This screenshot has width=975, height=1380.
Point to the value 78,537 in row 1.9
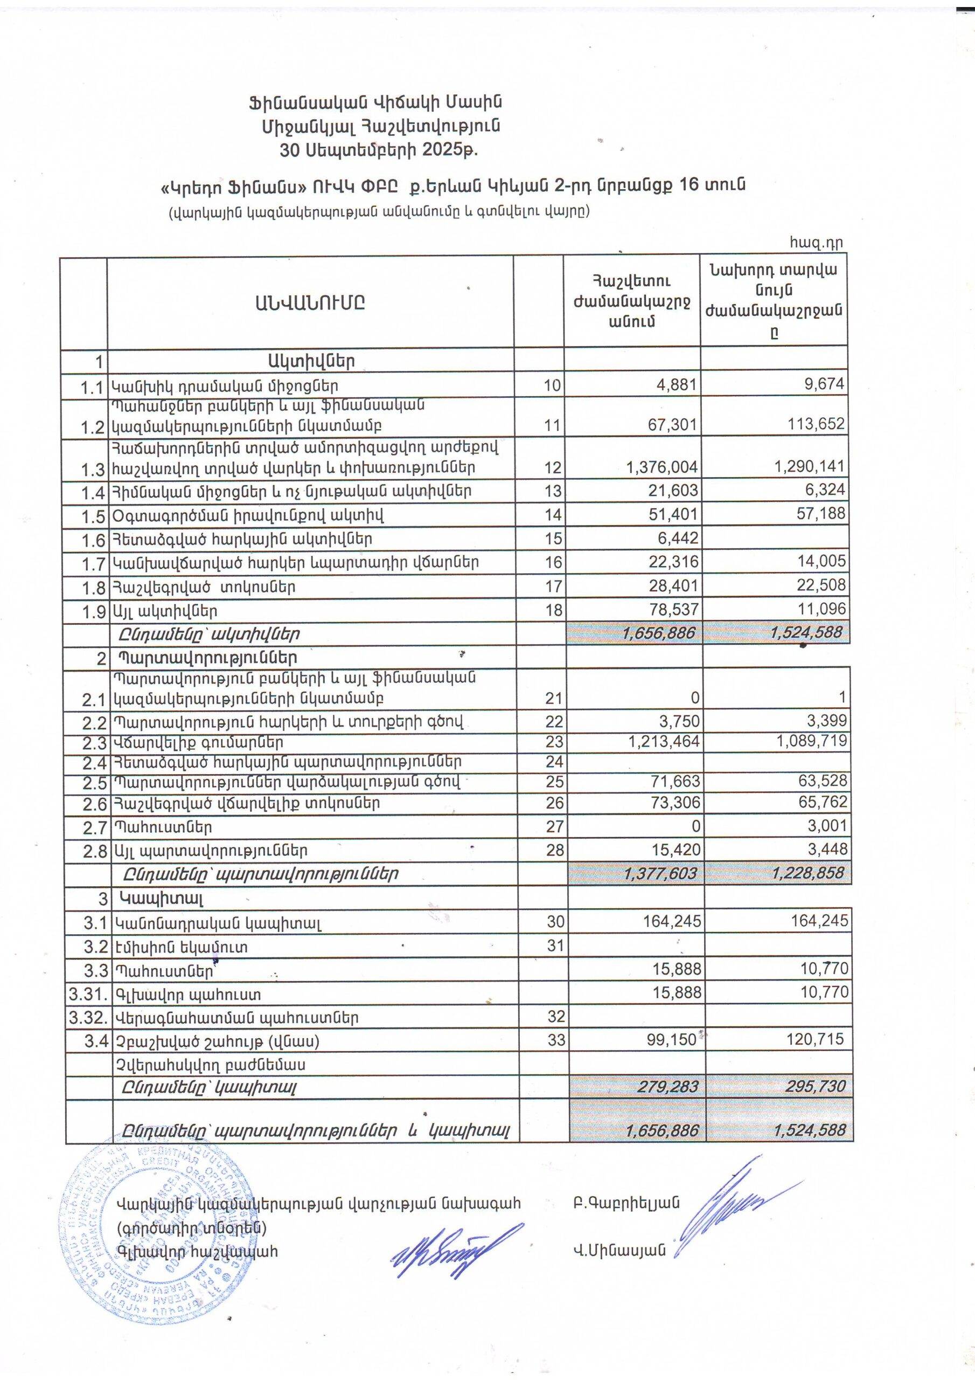pyautogui.click(x=671, y=610)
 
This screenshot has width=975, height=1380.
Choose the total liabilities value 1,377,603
pyautogui.click(x=660, y=873)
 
